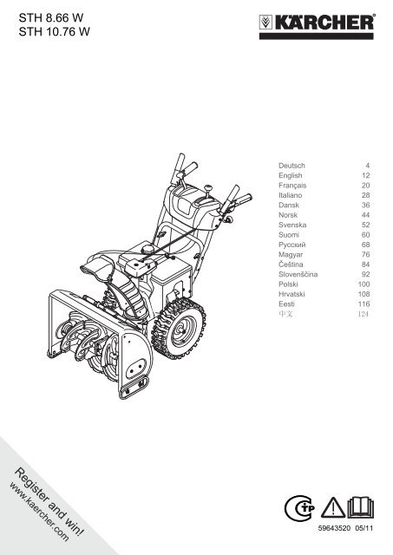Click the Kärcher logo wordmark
(324, 23)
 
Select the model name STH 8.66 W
(51, 17)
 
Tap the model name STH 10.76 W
(54, 32)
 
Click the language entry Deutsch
(291, 166)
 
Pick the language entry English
(291, 175)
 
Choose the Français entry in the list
(292, 185)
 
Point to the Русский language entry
(292, 245)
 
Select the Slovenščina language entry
(298, 274)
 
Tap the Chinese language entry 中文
(285, 314)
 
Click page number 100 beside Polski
(364, 284)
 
